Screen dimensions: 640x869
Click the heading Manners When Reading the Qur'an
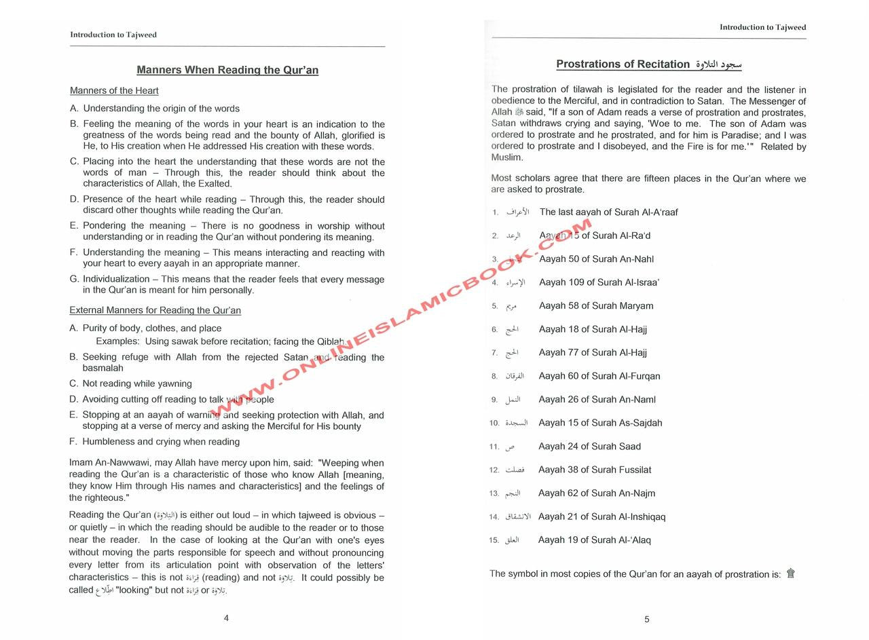pos(227,70)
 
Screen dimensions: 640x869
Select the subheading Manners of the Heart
pos(114,90)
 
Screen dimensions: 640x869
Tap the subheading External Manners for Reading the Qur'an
pos(155,310)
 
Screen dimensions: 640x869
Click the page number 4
pos(226,618)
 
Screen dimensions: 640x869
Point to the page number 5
pos(646,619)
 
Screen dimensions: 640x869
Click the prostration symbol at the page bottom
pos(790,573)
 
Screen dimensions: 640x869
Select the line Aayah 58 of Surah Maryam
pos(596,305)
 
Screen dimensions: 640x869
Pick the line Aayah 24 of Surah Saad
pos(589,446)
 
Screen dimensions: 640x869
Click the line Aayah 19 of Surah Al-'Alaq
pos(594,540)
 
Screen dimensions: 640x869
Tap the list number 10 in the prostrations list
pos(494,423)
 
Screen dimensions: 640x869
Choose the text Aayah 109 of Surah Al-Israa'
pos(599,282)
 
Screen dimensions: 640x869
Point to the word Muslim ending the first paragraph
pos(507,157)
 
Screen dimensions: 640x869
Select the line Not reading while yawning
pos(137,383)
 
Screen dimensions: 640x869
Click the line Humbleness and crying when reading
pos(161,442)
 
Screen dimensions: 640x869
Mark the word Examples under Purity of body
pos(117,341)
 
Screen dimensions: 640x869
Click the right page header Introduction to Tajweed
pos(762,28)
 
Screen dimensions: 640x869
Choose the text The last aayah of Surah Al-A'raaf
pos(608,212)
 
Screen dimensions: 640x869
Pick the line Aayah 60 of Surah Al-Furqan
pos(599,376)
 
